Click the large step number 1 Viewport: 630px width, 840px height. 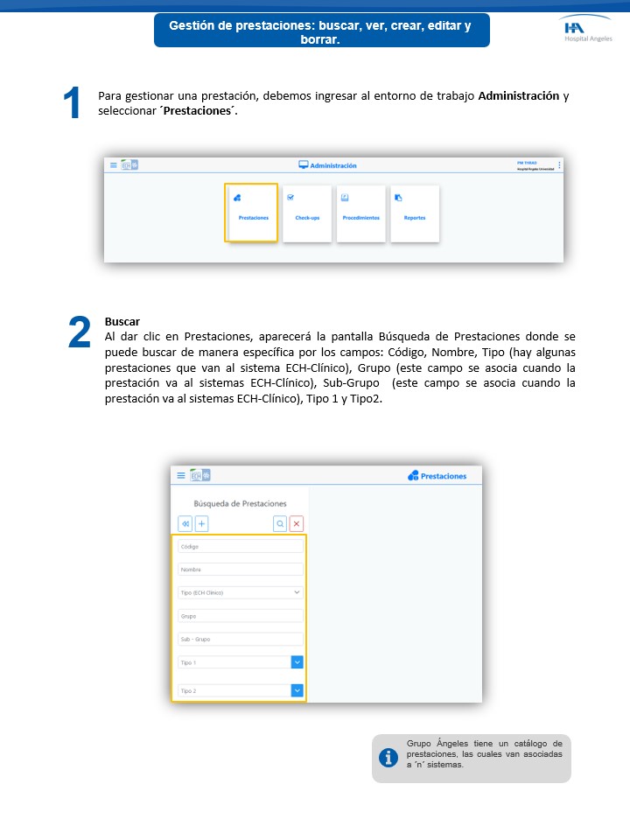(73, 104)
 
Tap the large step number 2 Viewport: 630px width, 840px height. (79, 332)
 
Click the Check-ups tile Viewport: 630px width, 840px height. (307, 213)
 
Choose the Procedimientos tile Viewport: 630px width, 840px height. (360, 213)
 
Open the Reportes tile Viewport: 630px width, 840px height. (414, 213)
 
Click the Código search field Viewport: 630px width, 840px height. (240, 546)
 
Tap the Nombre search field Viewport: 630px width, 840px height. (240, 570)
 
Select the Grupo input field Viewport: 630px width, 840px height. (240, 616)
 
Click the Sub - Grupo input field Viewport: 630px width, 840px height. (240, 640)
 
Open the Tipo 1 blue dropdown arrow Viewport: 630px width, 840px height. (297, 662)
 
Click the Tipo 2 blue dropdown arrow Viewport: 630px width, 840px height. (297, 690)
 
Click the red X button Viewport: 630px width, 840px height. (297, 523)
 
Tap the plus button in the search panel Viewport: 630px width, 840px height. (201, 523)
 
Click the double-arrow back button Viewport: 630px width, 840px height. (185, 523)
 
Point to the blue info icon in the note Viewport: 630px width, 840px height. (388, 758)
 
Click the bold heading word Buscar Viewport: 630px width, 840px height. (122, 321)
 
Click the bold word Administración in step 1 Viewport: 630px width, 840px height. (518, 95)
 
